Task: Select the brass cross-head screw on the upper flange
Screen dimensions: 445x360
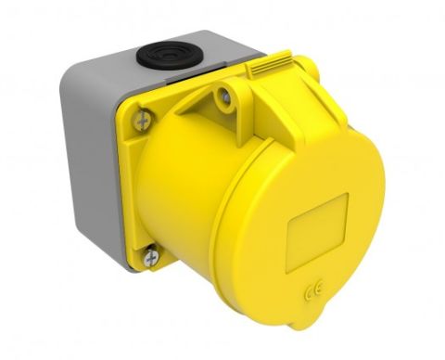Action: click(x=143, y=119)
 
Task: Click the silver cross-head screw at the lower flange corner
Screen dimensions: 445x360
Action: click(x=151, y=255)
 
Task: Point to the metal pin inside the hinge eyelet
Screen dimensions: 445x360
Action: click(x=225, y=96)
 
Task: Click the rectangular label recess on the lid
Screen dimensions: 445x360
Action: click(x=317, y=233)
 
